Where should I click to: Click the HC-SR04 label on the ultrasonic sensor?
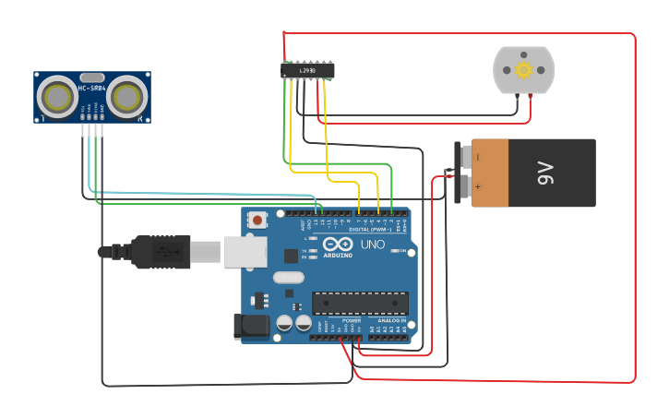point(92,89)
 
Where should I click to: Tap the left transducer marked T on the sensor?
point(59,97)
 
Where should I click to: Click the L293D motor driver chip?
point(307,70)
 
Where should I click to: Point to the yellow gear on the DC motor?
point(524,70)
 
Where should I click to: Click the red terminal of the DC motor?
point(530,97)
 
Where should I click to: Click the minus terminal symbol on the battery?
point(477,157)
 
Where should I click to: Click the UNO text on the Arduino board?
point(372,245)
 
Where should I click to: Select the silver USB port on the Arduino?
point(245,252)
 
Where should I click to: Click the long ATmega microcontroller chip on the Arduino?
point(360,303)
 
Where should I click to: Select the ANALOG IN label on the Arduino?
point(392,320)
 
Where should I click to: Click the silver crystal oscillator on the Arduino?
point(288,277)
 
